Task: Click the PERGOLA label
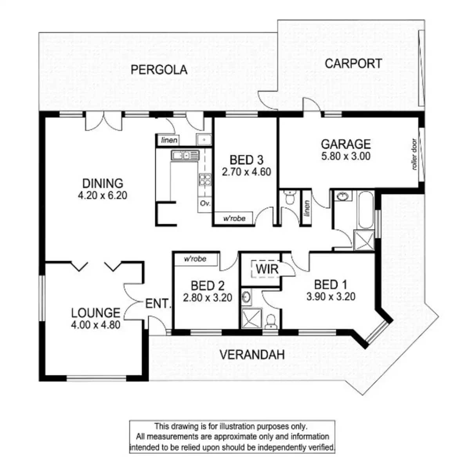pos(159,70)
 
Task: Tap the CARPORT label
pos(353,63)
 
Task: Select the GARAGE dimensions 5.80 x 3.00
pos(345,156)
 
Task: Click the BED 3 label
pos(246,160)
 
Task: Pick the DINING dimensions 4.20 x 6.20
pos(103,195)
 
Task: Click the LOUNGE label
pos(96,313)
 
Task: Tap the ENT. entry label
pos(158,303)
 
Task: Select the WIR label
pos(267,269)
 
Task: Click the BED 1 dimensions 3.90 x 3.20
pos(331,296)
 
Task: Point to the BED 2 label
pos(207,286)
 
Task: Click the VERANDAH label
pos(252,355)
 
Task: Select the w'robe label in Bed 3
pos(234,218)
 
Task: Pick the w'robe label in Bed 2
pos(195,259)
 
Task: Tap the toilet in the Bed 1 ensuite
pos(270,322)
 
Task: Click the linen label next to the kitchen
pos(169,140)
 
